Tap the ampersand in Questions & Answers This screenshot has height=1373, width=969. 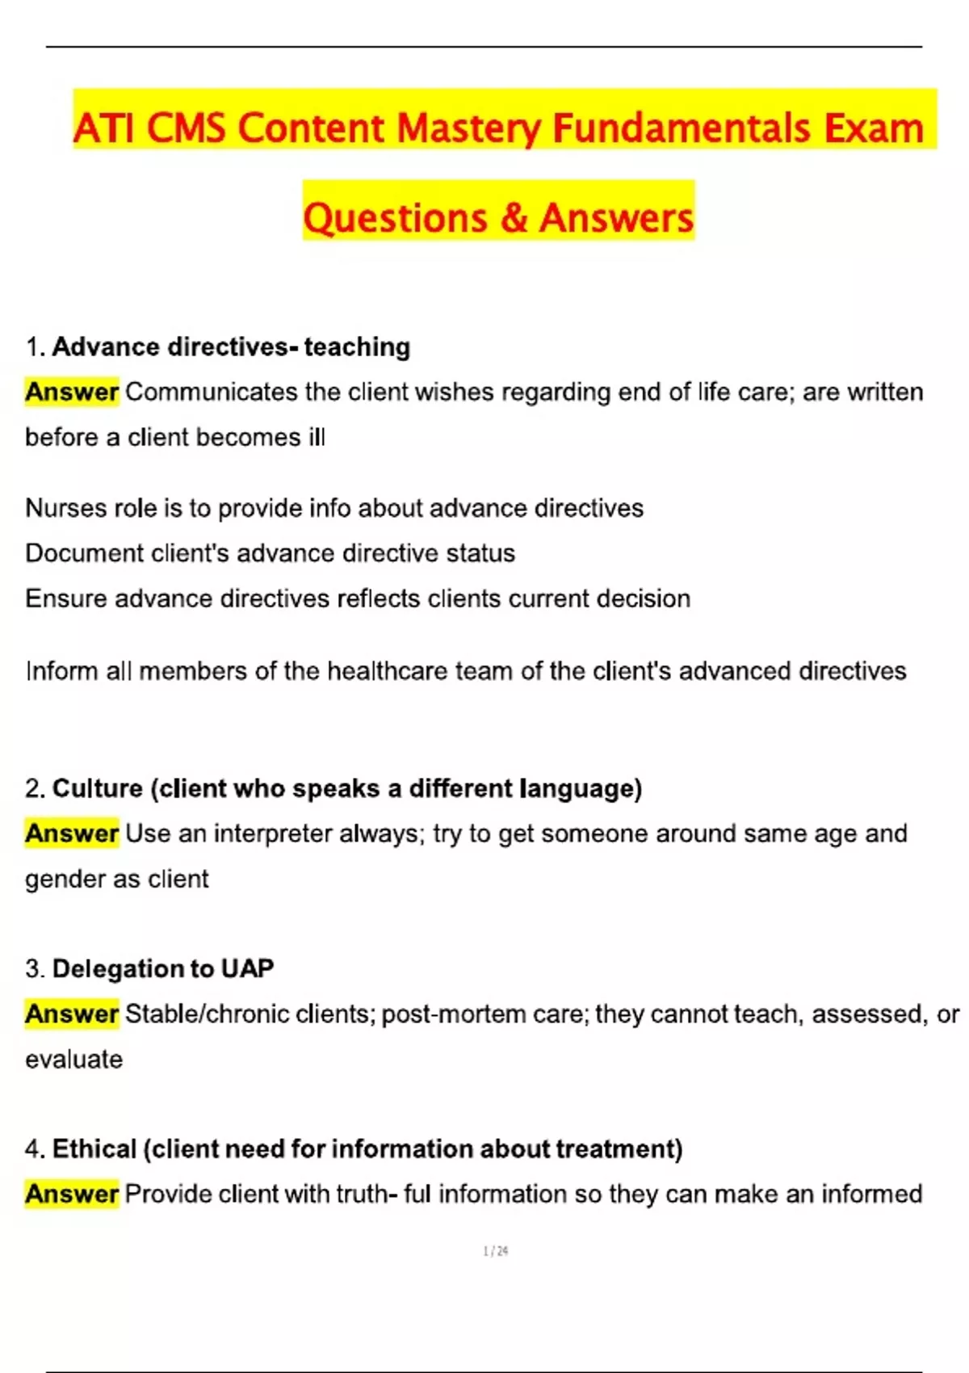(513, 218)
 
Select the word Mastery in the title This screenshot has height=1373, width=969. (468, 128)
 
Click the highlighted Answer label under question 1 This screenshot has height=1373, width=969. (72, 392)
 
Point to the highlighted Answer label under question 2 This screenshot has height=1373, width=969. (72, 833)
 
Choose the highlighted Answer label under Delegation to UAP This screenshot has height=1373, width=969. (72, 1014)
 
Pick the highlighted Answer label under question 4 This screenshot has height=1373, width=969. (72, 1194)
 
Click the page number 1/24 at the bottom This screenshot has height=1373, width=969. (495, 1251)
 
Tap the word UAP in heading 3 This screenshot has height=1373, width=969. (247, 968)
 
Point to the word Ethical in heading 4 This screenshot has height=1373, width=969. (94, 1148)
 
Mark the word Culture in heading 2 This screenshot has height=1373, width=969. (97, 788)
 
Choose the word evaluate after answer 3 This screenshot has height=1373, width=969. (73, 1059)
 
